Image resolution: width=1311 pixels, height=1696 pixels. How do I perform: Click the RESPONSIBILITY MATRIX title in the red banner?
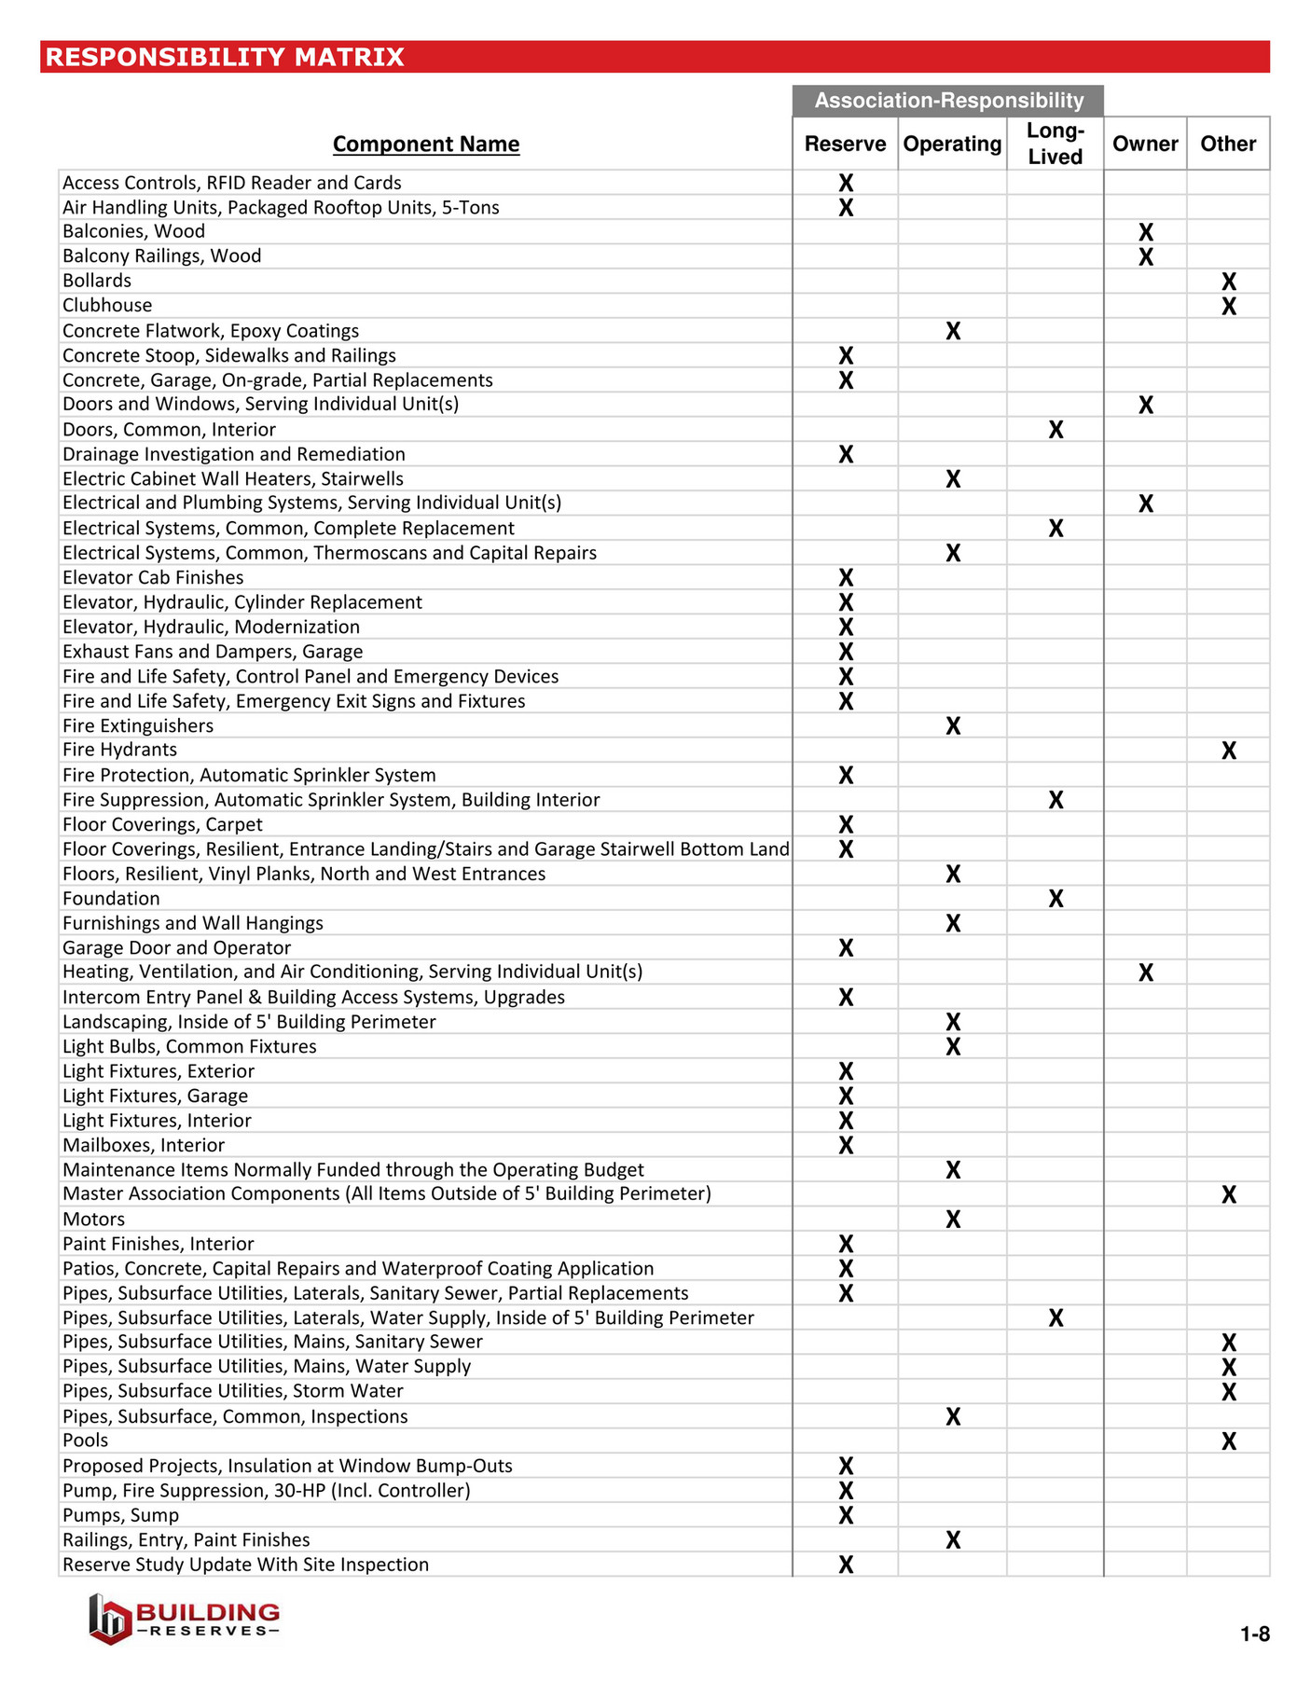[225, 57]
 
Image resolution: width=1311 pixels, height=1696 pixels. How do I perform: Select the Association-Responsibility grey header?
[948, 101]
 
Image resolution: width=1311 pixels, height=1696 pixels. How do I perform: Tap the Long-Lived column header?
[1055, 144]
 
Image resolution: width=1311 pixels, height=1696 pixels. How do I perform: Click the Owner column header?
[1144, 144]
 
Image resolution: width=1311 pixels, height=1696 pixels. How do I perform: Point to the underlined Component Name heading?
[426, 145]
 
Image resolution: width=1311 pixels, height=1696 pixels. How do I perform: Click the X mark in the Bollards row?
[1228, 282]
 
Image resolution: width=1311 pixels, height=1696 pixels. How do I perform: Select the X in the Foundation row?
[1056, 899]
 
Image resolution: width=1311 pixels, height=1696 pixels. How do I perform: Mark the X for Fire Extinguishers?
[952, 726]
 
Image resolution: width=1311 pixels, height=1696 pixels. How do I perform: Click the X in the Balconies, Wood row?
[1145, 232]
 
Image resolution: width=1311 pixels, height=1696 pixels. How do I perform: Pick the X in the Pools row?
[1228, 1441]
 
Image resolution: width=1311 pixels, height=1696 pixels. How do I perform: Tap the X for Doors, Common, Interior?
[1056, 430]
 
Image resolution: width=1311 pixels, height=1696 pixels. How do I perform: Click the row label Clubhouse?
[107, 306]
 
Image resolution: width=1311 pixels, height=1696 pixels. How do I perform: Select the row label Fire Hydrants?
[119, 751]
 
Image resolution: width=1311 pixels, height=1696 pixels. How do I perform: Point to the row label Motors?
[93, 1220]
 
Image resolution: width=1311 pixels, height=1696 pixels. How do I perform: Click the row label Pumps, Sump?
[120, 1516]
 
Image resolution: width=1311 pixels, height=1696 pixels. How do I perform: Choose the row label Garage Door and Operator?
[176, 948]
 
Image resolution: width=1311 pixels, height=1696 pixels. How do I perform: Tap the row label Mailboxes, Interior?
[144, 1146]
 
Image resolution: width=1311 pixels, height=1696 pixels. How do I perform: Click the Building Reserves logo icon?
[110, 1619]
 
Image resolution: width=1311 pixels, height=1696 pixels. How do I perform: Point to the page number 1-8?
[1254, 1634]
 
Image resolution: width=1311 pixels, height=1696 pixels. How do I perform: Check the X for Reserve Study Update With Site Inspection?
[846, 1565]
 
